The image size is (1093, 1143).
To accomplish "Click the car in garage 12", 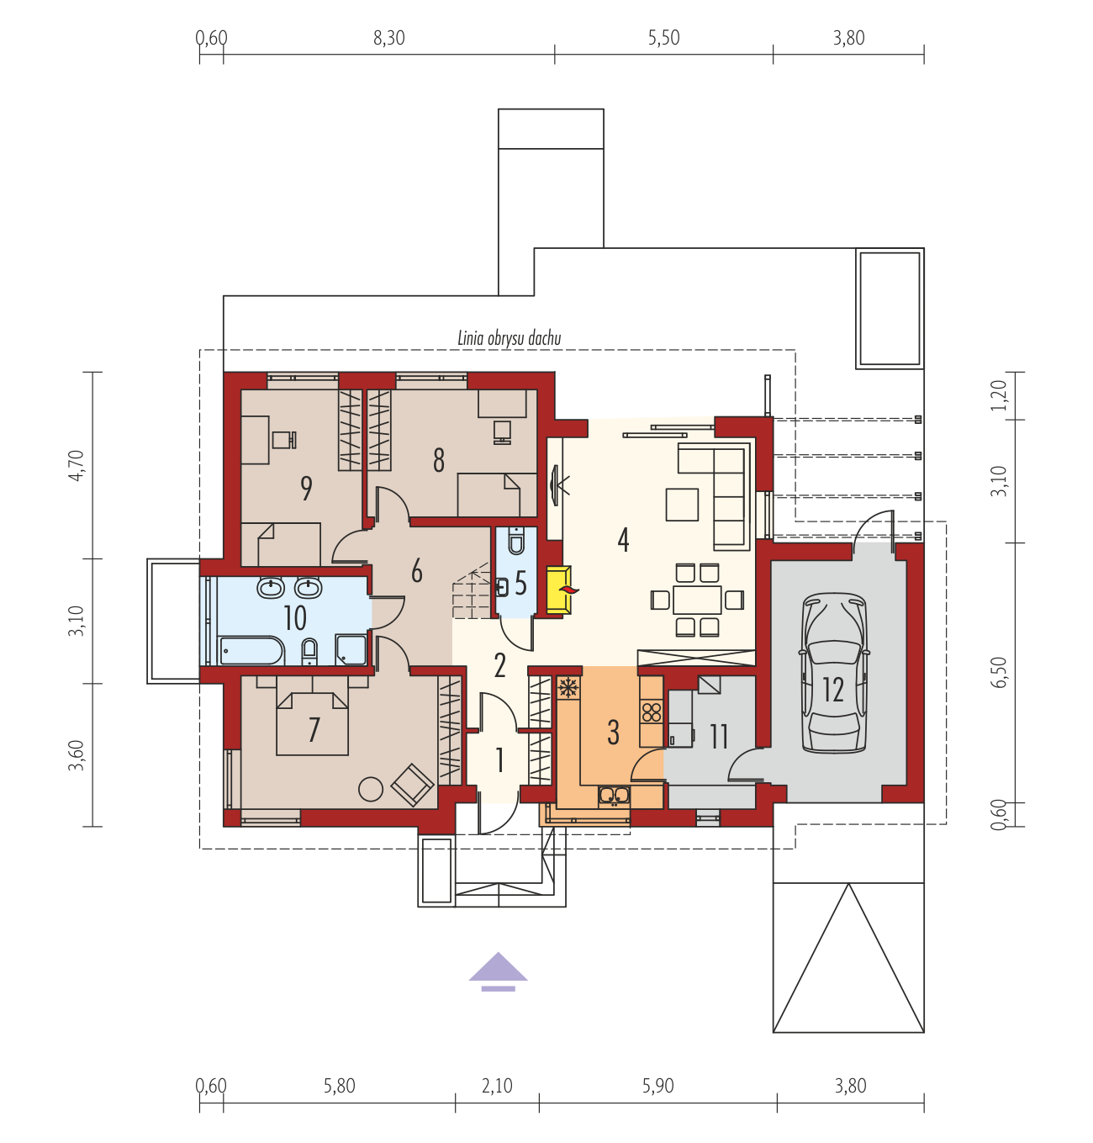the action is click(x=833, y=673).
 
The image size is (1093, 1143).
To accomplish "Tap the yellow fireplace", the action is click(x=559, y=590).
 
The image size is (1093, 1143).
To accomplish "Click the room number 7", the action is click(x=314, y=729).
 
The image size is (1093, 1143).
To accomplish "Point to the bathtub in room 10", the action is click(x=252, y=650).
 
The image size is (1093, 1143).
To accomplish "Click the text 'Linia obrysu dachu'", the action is click(x=509, y=338).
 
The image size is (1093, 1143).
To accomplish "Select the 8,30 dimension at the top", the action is click(x=388, y=38).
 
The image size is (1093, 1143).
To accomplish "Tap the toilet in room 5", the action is click(x=516, y=541).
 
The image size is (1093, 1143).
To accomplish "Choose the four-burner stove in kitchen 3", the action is click(x=651, y=712).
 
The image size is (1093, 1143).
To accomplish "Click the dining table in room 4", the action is click(x=697, y=600).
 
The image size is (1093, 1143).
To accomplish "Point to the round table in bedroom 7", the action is click(x=371, y=789).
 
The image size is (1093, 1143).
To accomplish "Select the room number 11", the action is click(x=719, y=737).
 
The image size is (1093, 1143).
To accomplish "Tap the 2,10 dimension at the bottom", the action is click(x=497, y=1086).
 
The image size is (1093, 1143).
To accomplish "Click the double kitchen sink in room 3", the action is click(x=614, y=796).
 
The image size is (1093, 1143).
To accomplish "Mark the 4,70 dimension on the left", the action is click(x=77, y=465).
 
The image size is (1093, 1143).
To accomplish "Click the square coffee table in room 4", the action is click(x=682, y=505).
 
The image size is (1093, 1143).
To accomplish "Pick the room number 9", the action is click(x=306, y=489).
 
